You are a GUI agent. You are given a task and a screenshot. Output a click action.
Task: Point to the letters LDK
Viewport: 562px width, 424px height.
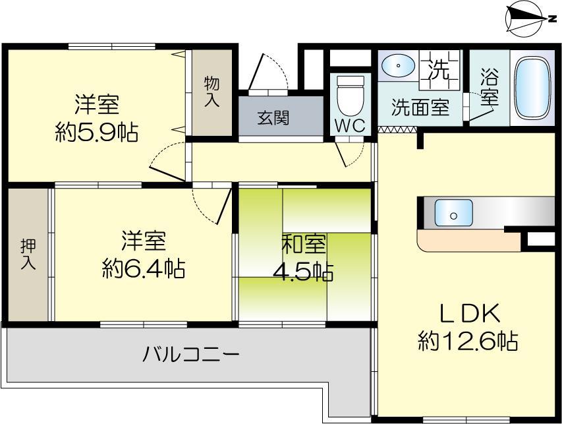coord(467,311)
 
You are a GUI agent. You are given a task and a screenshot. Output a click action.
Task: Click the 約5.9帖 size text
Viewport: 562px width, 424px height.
coord(97,133)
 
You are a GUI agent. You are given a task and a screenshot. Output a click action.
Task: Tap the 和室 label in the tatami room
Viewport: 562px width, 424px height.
coord(303,244)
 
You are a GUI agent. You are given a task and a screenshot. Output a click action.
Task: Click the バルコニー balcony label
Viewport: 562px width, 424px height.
coord(191,355)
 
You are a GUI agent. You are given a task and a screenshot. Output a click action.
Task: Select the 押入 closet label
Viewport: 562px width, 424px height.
coord(28,254)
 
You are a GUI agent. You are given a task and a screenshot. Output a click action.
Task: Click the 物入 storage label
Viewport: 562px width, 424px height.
coord(211,92)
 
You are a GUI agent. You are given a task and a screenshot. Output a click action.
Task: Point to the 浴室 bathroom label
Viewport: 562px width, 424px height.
coord(489,86)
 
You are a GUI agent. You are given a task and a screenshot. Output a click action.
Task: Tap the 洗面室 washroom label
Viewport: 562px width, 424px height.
coord(420,107)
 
